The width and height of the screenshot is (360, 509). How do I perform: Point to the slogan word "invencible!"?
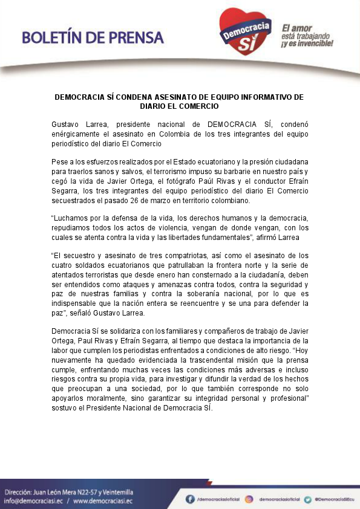315,44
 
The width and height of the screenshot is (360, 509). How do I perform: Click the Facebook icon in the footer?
190,499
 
